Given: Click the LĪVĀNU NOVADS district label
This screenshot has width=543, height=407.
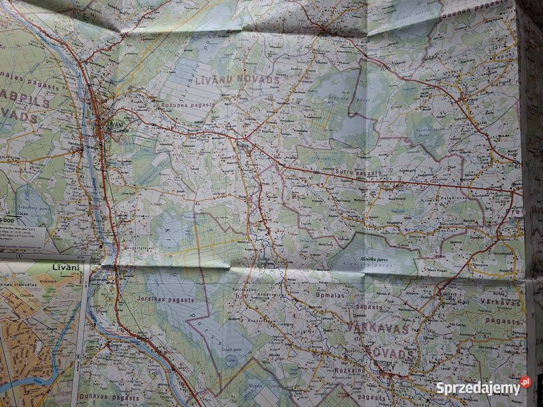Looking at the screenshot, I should pos(238,80).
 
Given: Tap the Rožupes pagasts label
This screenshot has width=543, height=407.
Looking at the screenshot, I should pos(188,105).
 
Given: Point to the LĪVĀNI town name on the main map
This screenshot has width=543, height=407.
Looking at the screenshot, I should pos(115,124).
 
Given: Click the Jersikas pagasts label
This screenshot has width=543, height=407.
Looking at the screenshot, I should pos(165,301).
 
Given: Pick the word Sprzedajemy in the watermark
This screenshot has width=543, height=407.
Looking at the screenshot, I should pos(478,388).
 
